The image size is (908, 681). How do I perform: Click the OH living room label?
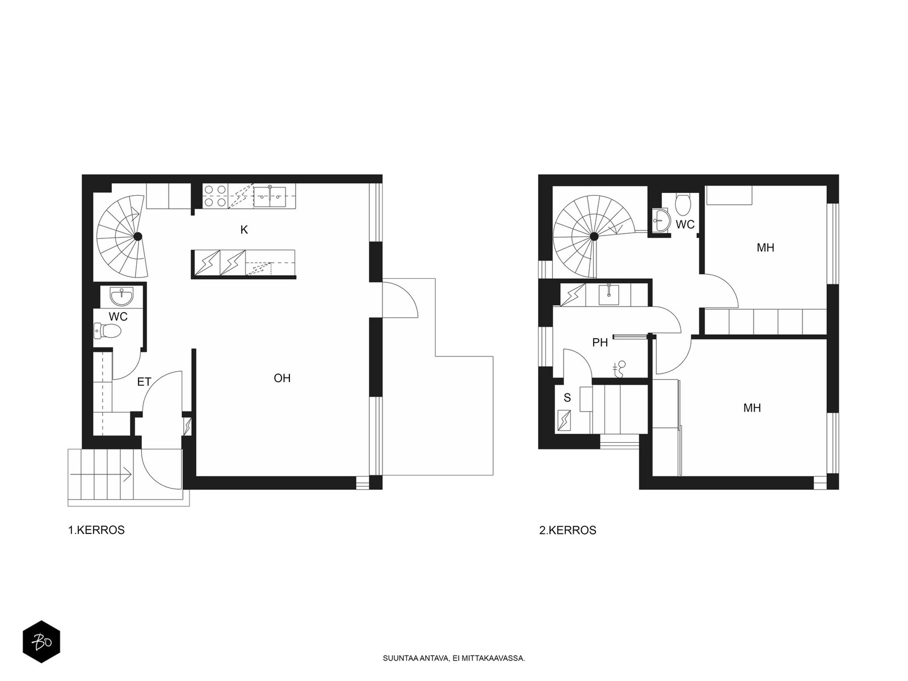[282, 378]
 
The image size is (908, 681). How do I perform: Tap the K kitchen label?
[244, 230]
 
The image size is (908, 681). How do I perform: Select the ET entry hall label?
[144, 381]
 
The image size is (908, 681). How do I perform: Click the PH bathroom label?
[600, 342]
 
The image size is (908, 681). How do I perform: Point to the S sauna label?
[567, 398]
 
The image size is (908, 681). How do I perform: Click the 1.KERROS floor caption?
[96, 530]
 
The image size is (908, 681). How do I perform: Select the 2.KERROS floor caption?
[567, 530]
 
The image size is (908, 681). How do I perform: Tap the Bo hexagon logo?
[41, 642]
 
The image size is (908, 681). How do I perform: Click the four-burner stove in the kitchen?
[216, 196]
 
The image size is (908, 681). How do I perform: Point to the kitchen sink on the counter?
[270, 196]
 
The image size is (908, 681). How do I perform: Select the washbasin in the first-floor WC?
[122, 296]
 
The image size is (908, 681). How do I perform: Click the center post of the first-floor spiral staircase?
[138, 237]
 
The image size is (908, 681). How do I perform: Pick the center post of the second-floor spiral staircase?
[594, 237]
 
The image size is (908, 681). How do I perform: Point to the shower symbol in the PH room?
[619, 369]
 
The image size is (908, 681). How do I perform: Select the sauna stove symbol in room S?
[564, 421]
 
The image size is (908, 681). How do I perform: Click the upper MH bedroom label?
[766, 247]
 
